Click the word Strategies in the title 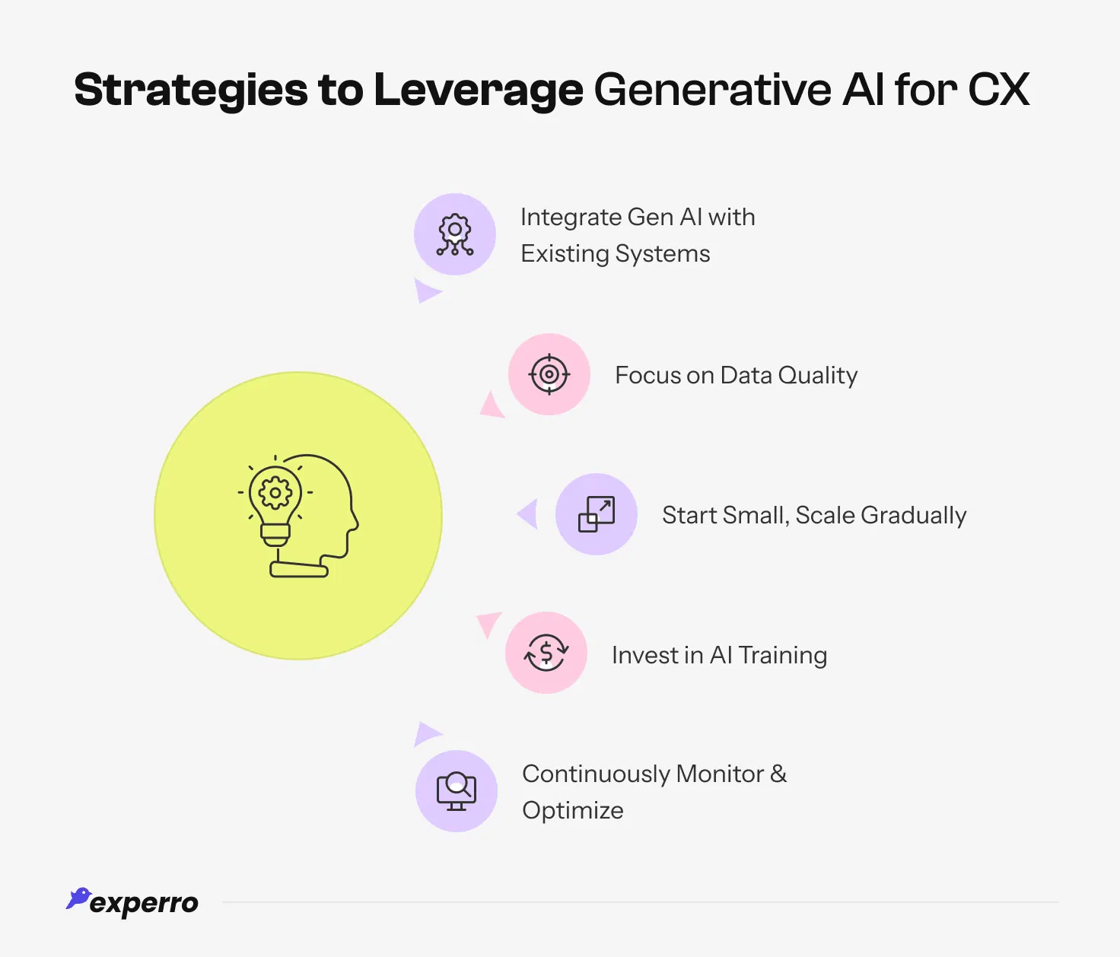coord(189,90)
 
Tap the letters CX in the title coord(998,90)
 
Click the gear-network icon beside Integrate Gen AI coord(455,234)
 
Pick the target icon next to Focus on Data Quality coord(549,374)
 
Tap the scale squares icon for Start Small coord(597,514)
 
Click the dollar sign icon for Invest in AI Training coord(546,653)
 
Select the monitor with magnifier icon coord(457,791)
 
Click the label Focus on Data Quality coord(736,375)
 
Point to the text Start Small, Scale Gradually coord(814,515)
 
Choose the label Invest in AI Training coord(719,655)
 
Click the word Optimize coord(573,810)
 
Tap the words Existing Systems coord(616,253)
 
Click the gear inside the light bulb coord(275,493)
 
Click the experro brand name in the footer coord(144,903)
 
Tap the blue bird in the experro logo coord(78,898)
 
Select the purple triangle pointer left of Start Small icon coord(528,514)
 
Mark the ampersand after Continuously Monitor coord(778,774)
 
